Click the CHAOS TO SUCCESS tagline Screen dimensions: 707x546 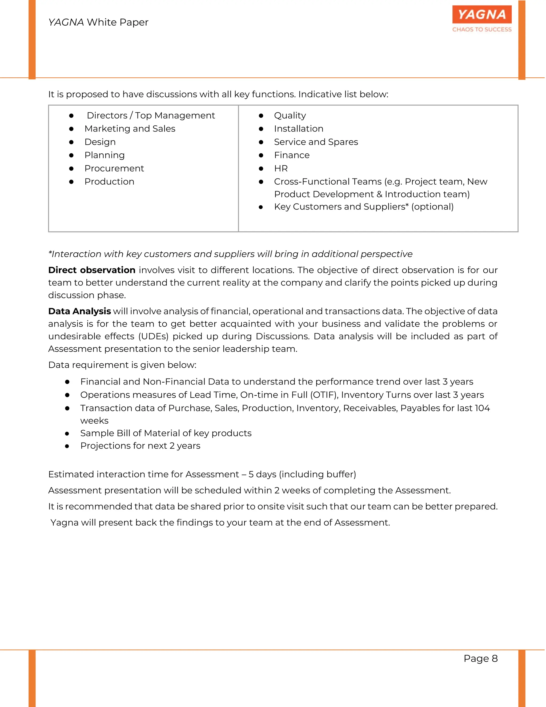point(482,29)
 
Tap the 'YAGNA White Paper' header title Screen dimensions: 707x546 point(98,22)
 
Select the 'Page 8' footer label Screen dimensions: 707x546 point(481,658)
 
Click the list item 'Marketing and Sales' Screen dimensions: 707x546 point(130,129)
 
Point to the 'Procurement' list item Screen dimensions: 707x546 point(114,168)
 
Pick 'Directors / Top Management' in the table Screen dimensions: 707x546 point(151,116)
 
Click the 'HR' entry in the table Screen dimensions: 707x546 point(281,168)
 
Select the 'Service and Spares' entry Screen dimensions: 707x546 point(316,142)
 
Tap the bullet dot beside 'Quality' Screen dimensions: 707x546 point(261,116)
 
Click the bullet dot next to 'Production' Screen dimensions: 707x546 point(71,182)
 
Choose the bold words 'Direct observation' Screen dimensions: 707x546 point(91,270)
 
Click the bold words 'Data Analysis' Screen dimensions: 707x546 point(79,311)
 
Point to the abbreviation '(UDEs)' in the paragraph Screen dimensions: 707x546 point(153,336)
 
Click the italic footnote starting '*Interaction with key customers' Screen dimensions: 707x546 point(230,254)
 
